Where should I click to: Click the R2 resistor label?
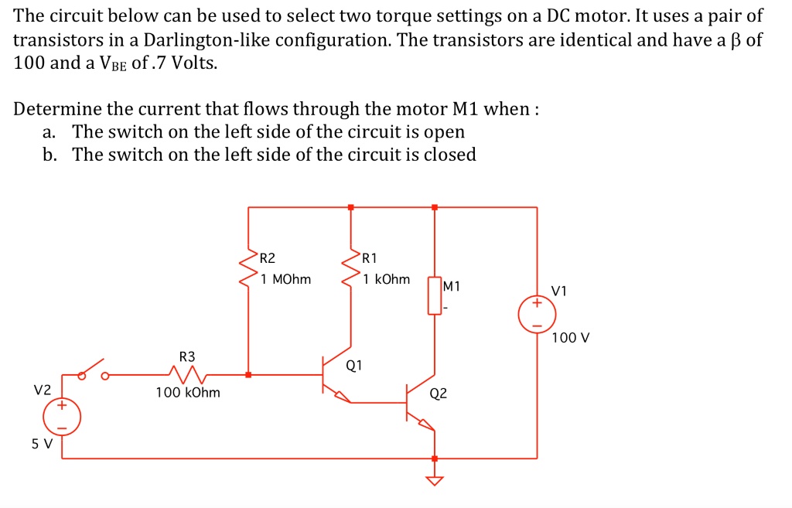[267, 258]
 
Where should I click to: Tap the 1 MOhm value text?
[285, 279]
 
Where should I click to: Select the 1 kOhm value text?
[387, 279]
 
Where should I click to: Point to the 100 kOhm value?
[188, 393]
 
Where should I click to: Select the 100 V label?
[571, 338]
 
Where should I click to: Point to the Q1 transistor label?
[354, 364]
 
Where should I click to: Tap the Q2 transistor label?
[438, 393]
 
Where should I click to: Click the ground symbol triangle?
[435, 481]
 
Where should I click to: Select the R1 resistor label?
[370, 258]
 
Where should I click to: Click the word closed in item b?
[448, 155]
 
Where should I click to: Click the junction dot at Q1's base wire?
[247, 375]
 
